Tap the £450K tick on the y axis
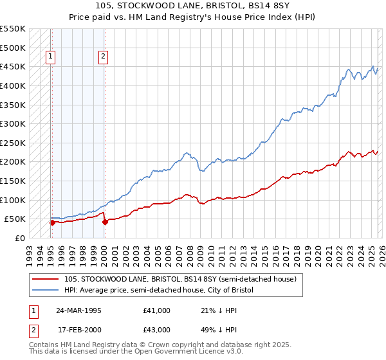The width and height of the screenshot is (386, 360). coord(13,67)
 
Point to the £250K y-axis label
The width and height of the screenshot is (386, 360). coord(13,143)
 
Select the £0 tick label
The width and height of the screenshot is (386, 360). coord(19,238)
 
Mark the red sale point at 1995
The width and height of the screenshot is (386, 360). coord(52,222)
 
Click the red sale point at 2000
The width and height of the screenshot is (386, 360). coord(104,222)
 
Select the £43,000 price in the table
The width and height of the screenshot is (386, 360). coord(157,330)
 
